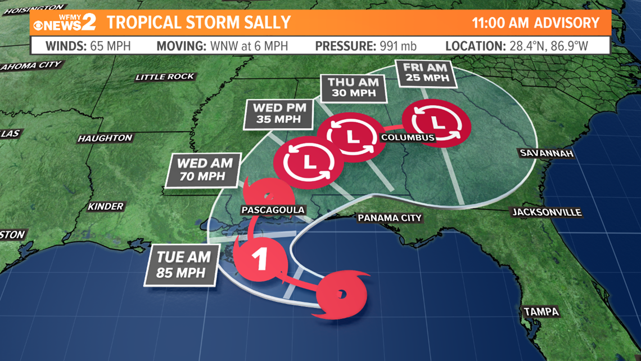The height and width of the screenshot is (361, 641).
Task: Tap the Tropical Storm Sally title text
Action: [x=198, y=23]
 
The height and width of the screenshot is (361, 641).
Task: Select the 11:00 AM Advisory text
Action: [x=535, y=23]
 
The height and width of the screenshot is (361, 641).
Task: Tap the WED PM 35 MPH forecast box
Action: [x=276, y=113]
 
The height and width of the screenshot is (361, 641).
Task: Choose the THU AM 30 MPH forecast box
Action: [x=349, y=88]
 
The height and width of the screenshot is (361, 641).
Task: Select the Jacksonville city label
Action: [x=546, y=212]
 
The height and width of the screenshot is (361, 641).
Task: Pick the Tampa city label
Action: [x=541, y=311]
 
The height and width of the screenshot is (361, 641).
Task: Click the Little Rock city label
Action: [x=165, y=77]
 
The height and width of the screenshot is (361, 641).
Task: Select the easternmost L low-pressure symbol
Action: [x=437, y=122]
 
